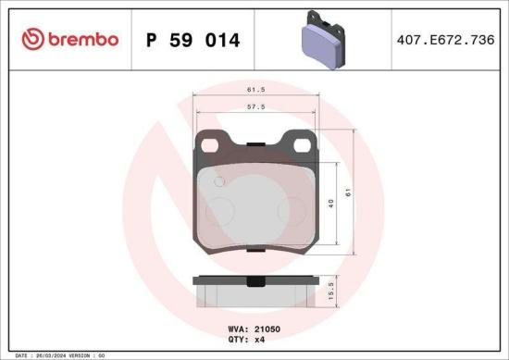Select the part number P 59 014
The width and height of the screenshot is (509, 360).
tap(193, 41)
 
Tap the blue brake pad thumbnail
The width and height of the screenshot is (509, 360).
tap(320, 39)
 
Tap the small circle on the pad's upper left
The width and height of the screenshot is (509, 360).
tap(219, 181)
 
